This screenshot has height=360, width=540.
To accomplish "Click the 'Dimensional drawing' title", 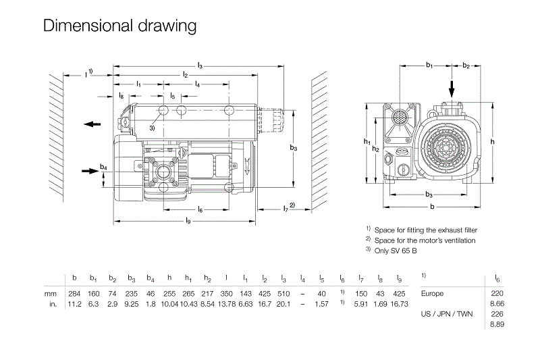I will click(x=119, y=26).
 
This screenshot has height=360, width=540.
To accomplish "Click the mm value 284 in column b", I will click(x=74, y=294).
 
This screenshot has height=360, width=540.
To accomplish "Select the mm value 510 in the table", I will click(x=283, y=294).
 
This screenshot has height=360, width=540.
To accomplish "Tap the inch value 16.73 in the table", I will click(x=400, y=304).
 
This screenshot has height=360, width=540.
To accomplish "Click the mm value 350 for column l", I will click(x=227, y=294).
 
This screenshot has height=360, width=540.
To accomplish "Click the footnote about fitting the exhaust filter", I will click(x=425, y=230).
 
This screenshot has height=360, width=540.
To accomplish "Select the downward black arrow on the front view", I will click(x=452, y=88).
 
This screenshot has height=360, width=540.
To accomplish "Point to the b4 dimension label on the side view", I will click(x=103, y=167).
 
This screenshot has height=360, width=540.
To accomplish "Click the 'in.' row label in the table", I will click(x=51, y=304).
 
